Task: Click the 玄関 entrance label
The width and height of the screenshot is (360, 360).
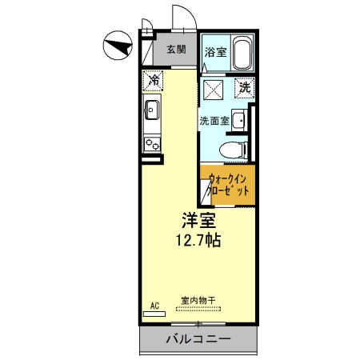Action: (177, 49)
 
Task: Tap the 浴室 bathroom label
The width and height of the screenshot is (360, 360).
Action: (214, 53)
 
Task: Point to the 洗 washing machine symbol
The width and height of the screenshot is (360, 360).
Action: (244, 86)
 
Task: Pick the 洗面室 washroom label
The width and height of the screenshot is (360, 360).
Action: (214, 121)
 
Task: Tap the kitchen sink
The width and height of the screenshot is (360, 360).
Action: (152, 110)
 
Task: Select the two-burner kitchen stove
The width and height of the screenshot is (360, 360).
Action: (152, 143)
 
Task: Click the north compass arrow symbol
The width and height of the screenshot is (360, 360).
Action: (118, 46)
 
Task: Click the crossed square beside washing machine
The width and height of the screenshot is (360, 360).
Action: (213, 87)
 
